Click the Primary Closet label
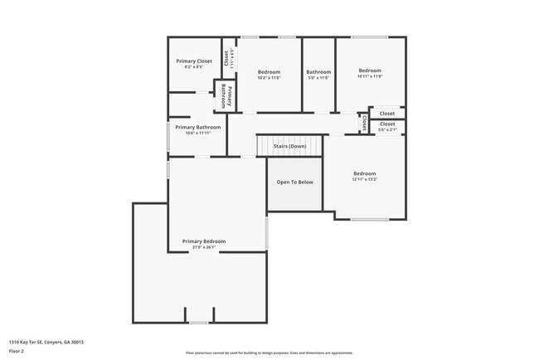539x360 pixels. (x=194, y=61)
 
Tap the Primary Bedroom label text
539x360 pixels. (x=204, y=241)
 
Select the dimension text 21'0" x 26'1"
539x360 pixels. (x=204, y=247)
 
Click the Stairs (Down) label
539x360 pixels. (x=289, y=146)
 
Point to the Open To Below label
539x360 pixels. (x=294, y=182)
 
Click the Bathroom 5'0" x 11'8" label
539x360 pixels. (x=318, y=72)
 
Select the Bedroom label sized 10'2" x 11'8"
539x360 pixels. (x=269, y=72)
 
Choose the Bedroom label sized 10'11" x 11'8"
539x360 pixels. (x=370, y=71)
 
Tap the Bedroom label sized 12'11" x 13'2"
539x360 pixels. (x=365, y=174)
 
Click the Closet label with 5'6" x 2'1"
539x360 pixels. (x=387, y=124)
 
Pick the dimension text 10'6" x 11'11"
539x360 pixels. (x=197, y=133)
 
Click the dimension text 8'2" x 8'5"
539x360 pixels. (x=194, y=67)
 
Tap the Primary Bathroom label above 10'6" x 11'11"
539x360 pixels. (x=197, y=127)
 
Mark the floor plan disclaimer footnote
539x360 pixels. (x=269, y=352)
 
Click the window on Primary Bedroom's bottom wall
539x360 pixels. (x=198, y=323)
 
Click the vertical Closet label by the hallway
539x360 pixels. (x=363, y=123)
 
